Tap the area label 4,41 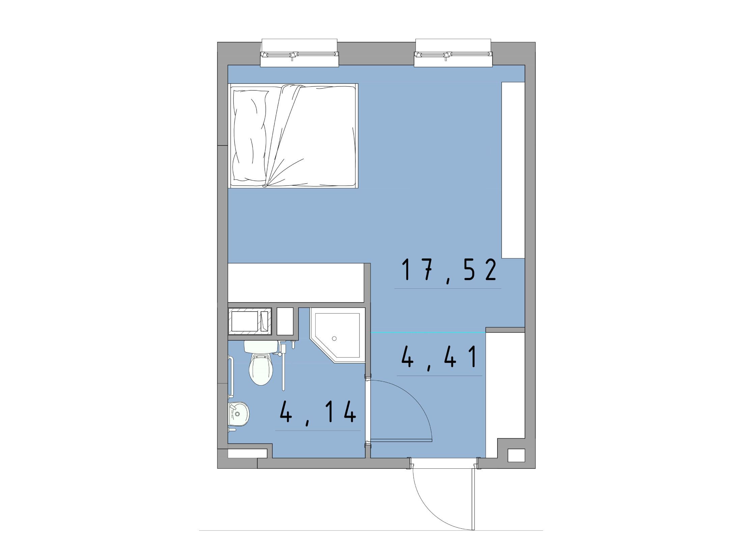pos(439,358)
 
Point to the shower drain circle pos(334,338)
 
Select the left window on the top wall pos(299,53)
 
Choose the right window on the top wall pos(453,53)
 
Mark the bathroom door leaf pos(401,440)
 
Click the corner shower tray pos(338,337)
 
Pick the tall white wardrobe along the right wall pos(513,170)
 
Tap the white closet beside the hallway pos(505,395)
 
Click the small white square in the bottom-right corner pos(516,455)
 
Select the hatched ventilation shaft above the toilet pos(250,321)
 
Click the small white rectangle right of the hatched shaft pos(285,321)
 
